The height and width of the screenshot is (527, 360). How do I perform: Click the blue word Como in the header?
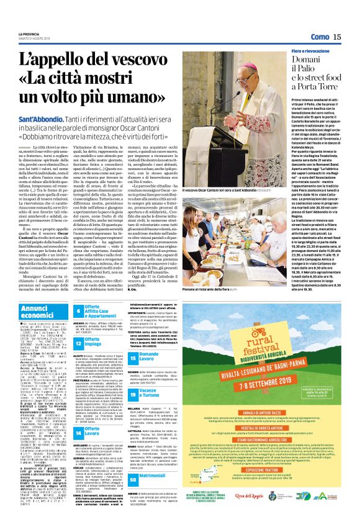320,37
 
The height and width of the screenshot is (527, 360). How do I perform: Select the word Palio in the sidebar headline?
305,76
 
